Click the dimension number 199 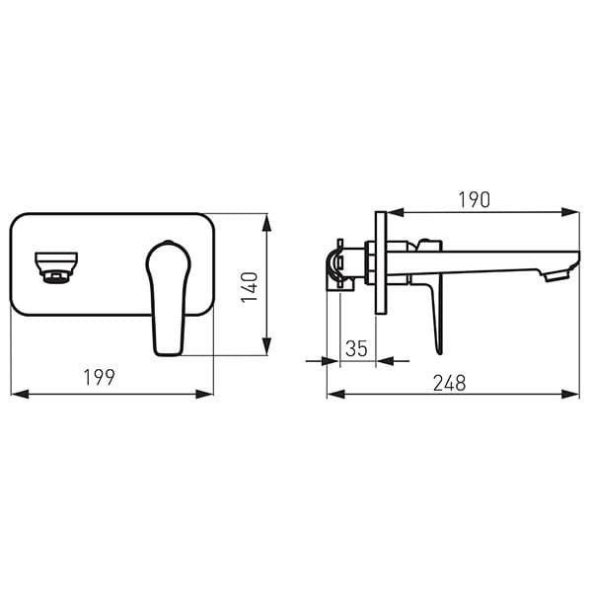point(100,378)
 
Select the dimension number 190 point(474,199)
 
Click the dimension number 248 point(450,382)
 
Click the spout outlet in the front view point(56,267)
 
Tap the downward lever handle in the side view point(435,316)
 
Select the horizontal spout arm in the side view point(483,259)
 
